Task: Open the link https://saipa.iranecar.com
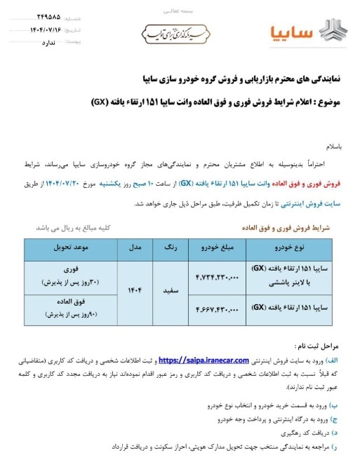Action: tap(204, 360)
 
